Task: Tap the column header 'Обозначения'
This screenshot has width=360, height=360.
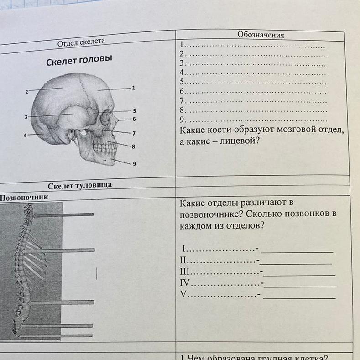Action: [x=261, y=35]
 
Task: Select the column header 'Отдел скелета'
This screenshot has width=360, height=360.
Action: [x=81, y=42]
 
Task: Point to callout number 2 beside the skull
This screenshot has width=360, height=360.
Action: [x=27, y=92]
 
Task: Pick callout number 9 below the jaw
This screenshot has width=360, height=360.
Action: [x=134, y=164]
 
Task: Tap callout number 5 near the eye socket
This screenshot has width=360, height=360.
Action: [x=135, y=110]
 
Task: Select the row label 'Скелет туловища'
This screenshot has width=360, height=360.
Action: [x=80, y=185]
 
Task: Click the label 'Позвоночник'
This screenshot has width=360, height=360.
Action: [x=24, y=198]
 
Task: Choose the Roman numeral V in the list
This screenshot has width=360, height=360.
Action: [x=184, y=294]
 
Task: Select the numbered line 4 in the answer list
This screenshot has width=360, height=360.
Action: [x=253, y=73]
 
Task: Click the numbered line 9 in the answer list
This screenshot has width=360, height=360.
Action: [x=253, y=120]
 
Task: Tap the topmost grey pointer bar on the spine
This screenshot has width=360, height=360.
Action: [x=63, y=214]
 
